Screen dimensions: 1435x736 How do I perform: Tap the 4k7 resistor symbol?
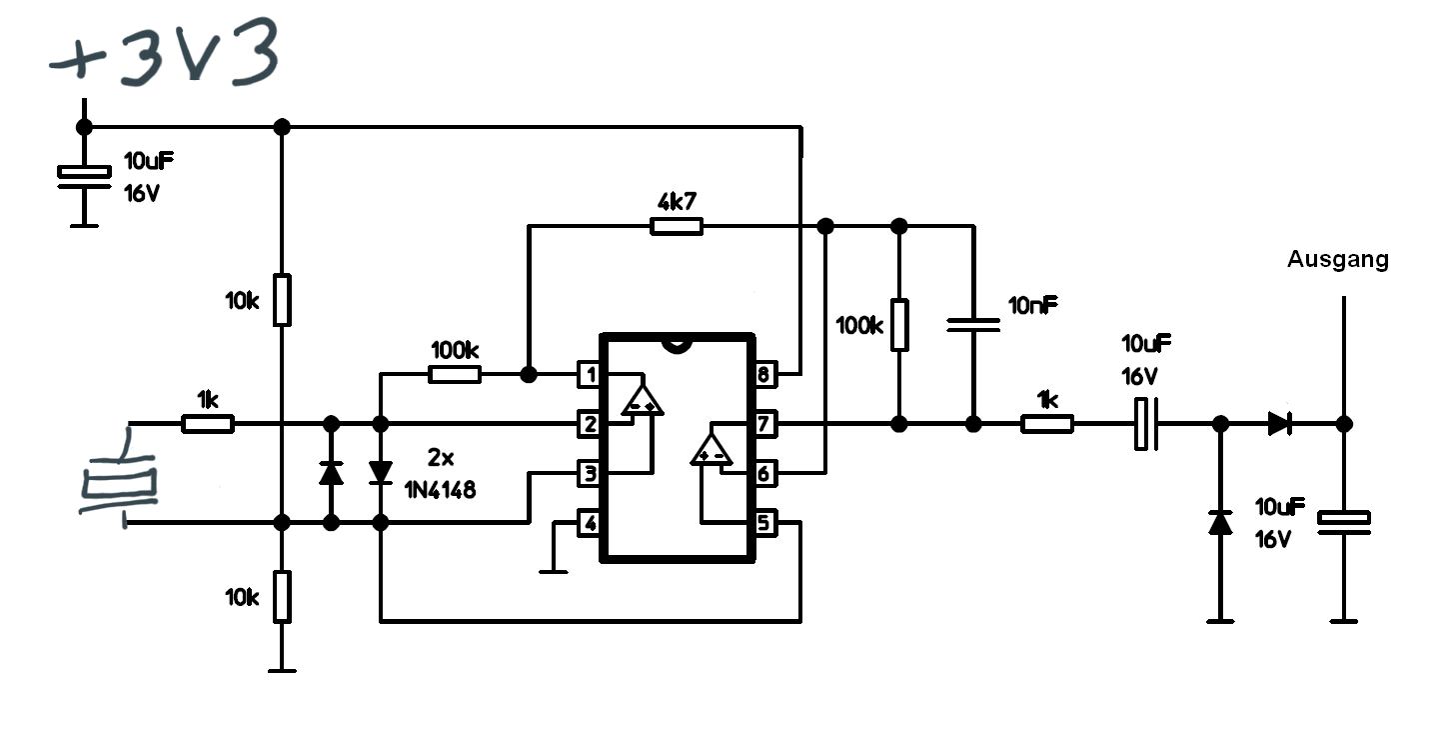(676, 226)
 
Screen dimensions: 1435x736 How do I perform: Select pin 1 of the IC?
(589, 374)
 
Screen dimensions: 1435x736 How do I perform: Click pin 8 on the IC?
(764, 374)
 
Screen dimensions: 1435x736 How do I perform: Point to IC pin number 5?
(764, 523)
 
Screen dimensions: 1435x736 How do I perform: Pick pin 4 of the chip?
(589, 523)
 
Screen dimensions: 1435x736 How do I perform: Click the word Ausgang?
(1338, 260)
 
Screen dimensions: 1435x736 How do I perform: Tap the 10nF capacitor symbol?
(973, 325)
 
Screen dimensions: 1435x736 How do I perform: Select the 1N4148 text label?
(440, 490)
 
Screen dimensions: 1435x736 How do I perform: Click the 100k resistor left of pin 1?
(455, 374)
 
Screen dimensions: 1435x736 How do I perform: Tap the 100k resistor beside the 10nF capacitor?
(899, 325)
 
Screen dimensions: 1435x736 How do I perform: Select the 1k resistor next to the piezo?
(208, 424)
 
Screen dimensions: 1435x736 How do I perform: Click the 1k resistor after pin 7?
(1047, 424)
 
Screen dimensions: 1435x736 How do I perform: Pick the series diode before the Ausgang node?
(1280, 424)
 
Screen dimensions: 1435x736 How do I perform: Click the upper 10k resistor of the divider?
(282, 300)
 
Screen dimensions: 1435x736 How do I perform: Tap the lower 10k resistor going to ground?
(282, 597)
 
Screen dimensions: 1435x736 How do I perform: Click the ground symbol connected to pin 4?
(554, 571)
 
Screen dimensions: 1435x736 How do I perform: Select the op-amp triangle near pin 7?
(712, 449)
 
